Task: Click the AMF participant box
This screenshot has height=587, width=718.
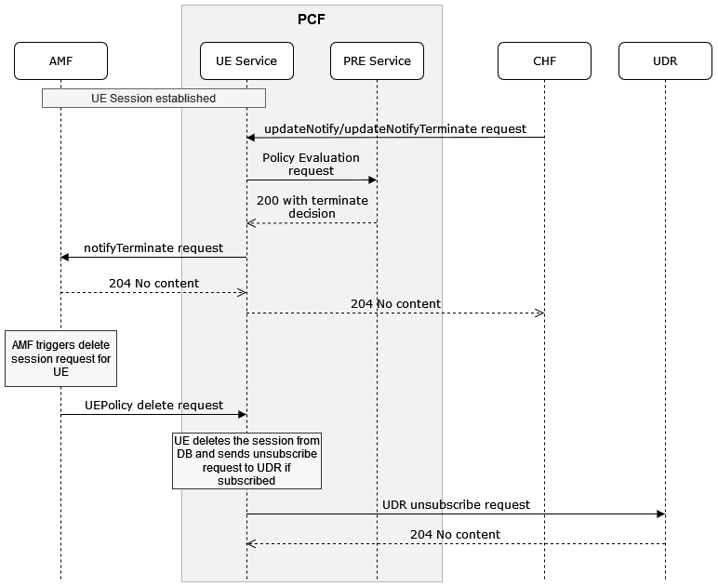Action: click(x=60, y=61)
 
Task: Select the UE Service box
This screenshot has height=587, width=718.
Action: click(x=246, y=61)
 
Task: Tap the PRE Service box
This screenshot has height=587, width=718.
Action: click(x=377, y=61)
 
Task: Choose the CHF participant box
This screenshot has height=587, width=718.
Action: click(x=544, y=61)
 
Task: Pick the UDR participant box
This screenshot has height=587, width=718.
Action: click(x=665, y=61)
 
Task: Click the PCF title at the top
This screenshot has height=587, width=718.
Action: click(x=312, y=18)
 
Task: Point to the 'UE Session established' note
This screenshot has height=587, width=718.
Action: click(x=153, y=98)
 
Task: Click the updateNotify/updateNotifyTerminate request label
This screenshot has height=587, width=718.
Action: click(x=394, y=128)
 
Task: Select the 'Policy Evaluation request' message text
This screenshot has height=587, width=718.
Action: click(x=311, y=165)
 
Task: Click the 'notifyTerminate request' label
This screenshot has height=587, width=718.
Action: click(x=153, y=247)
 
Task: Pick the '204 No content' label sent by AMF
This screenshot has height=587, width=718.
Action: click(x=153, y=283)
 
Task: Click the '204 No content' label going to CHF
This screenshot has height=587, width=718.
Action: click(x=395, y=303)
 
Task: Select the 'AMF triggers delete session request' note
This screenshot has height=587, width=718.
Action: click(x=60, y=358)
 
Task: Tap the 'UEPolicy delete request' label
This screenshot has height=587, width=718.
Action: click(x=153, y=405)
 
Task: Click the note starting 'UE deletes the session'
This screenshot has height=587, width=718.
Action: click(x=246, y=460)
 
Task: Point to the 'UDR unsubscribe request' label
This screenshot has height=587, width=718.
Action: click(x=456, y=504)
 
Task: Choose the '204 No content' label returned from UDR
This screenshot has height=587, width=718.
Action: click(x=456, y=534)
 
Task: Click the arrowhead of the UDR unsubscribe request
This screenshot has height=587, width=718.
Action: click(x=660, y=514)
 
